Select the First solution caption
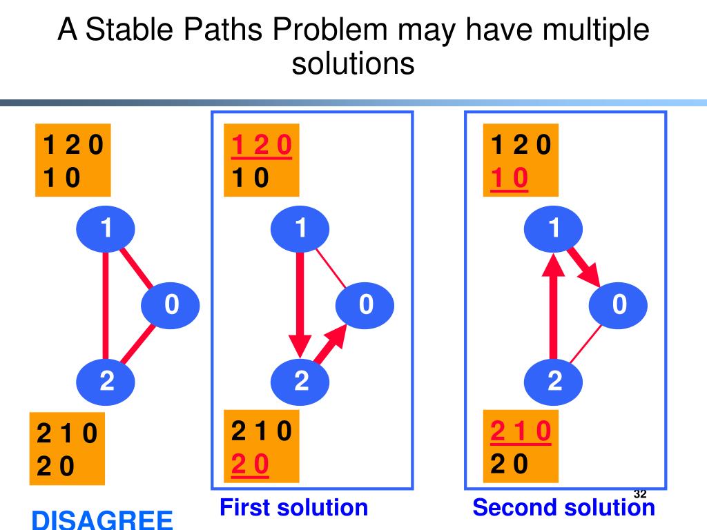293,508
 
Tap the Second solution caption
563,508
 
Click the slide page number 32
639,494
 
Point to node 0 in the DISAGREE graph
171,304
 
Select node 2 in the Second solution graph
554,381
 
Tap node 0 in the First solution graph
365,304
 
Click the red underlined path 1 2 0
262,146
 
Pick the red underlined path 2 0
249,466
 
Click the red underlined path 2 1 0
521,431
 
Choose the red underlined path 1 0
509,179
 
